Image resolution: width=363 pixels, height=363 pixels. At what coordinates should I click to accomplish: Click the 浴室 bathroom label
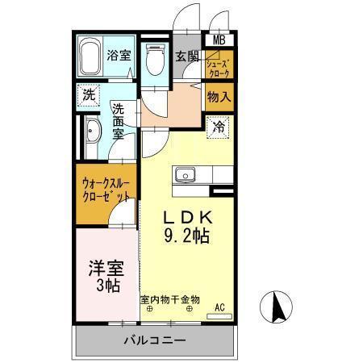point(118,56)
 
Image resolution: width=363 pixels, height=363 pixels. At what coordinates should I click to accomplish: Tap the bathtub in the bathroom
point(90,56)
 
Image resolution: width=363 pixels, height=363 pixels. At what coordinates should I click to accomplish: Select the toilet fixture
point(155,60)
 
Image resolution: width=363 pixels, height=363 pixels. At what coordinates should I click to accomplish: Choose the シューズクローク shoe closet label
point(218,67)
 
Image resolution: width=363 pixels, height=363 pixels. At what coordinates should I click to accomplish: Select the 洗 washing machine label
point(89,94)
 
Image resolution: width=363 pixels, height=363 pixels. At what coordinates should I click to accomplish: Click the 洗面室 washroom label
point(119,121)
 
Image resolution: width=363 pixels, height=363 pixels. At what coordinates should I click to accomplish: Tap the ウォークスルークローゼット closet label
point(105,189)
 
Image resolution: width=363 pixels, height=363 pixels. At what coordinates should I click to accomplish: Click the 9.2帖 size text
point(188,236)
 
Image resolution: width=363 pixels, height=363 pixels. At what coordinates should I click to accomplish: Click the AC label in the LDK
point(219,306)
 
